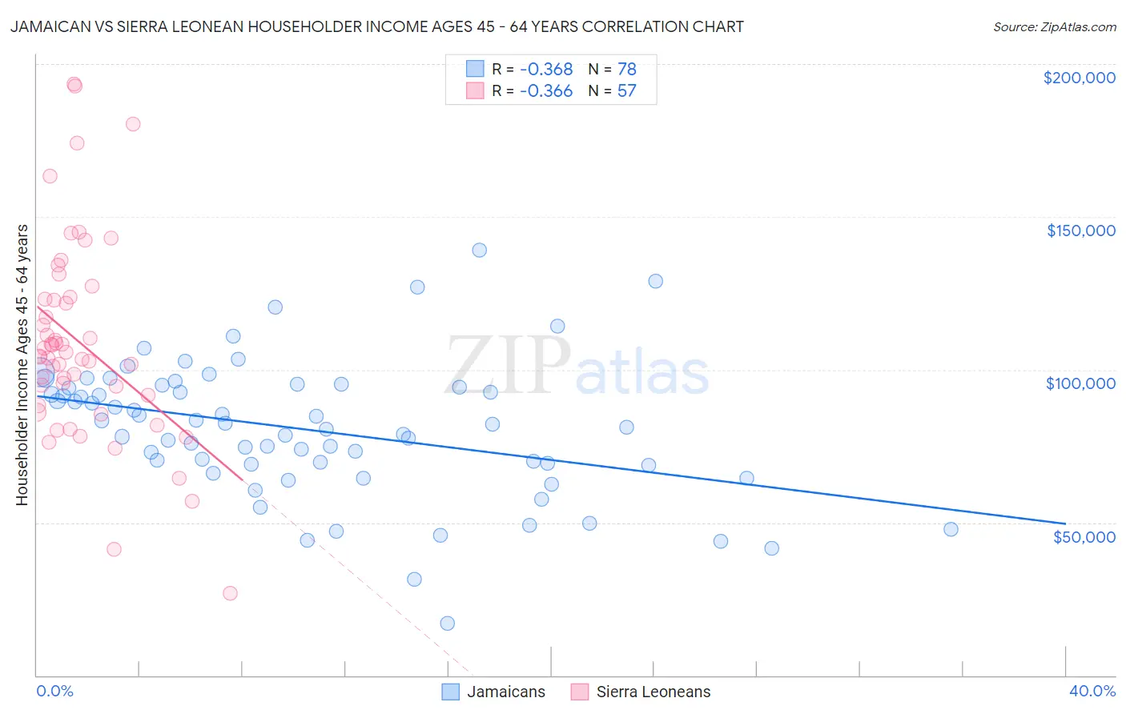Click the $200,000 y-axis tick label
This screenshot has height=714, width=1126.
click(1079, 78)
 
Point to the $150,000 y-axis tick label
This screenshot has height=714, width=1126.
click(1080, 231)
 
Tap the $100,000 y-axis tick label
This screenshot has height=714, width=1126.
click(1080, 383)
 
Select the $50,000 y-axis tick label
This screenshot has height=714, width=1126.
click(1084, 536)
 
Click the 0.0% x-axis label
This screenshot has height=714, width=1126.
click(54, 691)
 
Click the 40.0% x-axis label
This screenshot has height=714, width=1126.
click(1092, 691)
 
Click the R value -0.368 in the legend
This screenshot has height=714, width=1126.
click(546, 70)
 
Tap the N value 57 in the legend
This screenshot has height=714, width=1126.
click(626, 91)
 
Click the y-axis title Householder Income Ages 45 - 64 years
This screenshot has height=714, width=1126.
click(22, 365)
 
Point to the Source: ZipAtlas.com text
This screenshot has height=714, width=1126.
click(1054, 27)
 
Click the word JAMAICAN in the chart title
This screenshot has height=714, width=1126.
click(47, 26)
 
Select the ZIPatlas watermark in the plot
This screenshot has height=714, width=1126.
click(577, 366)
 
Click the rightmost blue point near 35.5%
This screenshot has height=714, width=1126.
click(951, 529)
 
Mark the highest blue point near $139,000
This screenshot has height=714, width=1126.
click(479, 250)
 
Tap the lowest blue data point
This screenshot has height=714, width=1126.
click(447, 624)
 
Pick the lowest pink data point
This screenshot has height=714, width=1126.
click(230, 593)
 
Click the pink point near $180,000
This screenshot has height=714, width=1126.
click(133, 124)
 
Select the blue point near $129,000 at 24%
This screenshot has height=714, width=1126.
click(655, 281)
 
